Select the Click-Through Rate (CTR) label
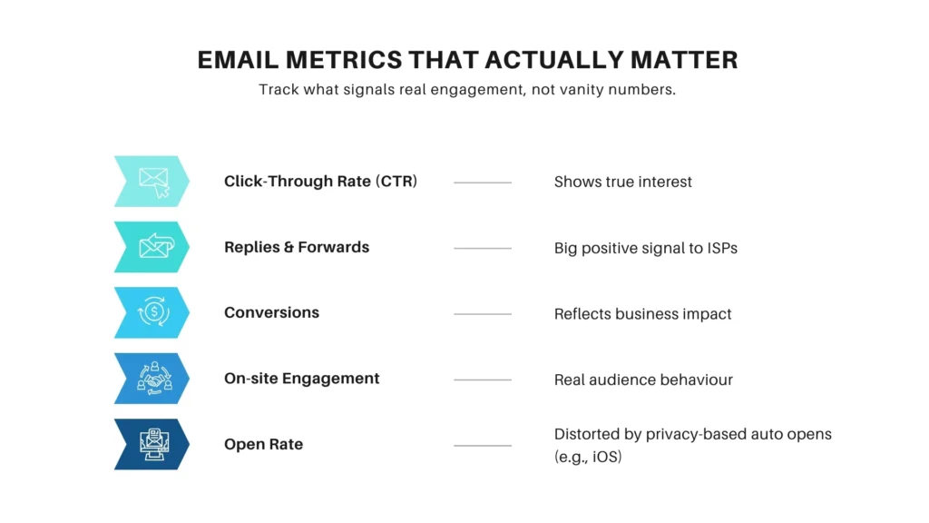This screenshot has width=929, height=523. pyautogui.click(x=320, y=181)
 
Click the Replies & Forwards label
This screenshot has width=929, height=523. pyautogui.click(x=297, y=247)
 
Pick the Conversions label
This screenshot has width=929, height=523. pyautogui.click(x=271, y=312)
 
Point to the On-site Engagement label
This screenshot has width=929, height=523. pyautogui.click(x=301, y=379)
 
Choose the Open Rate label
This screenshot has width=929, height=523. pyautogui.click(x=263, y=444)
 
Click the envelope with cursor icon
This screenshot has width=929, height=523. pyautogui.click(x=152, y=181)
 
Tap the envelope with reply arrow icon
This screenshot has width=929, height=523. pyautogui.click(x=152, y=247)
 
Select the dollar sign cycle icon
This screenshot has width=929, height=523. pyautogui.click(x=152, y=312)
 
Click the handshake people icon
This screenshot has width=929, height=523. pyautogui.click(x=152, y=379)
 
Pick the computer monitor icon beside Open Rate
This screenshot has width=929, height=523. pyautogui.click(x=152, y=444)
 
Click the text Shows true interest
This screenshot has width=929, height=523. pyautogui.click(x=622, y=182)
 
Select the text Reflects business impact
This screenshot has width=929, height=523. pyautogui.click(x=642, y=314)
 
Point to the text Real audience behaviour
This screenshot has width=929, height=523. pyautogui.click(x=643, y=380)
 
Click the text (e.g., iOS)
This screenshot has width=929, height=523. pyautogui.click(x=588, y=457)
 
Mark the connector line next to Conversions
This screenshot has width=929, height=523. pyautogui.click(x=482, y=314)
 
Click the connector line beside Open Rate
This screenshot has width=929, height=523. pyautogui.click(x=482, y=446)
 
